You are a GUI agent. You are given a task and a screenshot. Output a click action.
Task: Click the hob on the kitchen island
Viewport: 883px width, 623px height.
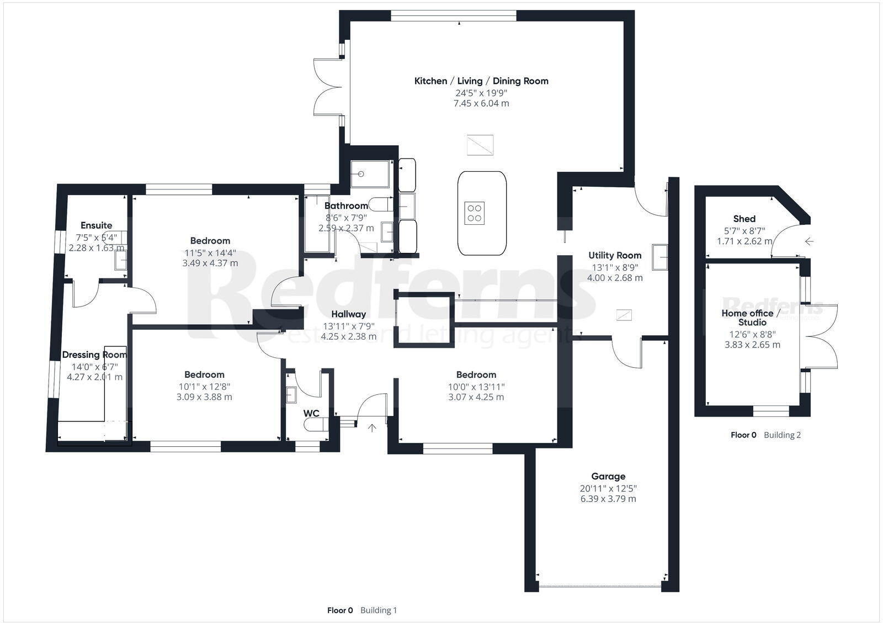(475, 212)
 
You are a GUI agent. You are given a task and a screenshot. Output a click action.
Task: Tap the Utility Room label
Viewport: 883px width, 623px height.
(615, 255)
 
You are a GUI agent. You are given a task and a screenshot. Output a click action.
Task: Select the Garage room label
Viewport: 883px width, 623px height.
(608, 476)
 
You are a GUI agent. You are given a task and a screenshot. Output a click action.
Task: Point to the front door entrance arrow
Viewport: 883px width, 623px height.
(373, 427)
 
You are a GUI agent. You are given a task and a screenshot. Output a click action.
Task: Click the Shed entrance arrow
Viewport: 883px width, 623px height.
(809, 241)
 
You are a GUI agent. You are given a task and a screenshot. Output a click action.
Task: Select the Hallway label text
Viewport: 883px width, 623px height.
(349, 314)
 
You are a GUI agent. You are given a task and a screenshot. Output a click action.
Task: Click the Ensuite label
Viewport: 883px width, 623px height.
(96, 225)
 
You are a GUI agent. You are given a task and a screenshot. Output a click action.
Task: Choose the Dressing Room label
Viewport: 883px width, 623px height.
(94, 355)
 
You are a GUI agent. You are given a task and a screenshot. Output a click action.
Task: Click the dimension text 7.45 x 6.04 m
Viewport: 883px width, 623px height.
(481, 103)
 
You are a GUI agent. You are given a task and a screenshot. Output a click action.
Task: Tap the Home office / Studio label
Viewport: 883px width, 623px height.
(752, 318)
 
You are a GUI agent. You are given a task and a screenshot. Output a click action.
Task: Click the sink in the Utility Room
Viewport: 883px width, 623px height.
(660, 257)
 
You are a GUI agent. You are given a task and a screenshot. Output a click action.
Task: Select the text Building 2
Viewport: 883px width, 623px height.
(782, 435)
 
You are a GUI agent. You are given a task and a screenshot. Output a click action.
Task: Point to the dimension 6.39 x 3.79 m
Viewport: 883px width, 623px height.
(608, 499)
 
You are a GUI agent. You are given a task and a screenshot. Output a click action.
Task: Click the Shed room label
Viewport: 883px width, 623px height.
(744, 219)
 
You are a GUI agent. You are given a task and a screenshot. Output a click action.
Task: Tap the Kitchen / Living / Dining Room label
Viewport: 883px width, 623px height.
(481, 81)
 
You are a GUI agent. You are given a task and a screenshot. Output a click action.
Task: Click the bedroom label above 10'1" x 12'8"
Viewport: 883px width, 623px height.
(204, 374)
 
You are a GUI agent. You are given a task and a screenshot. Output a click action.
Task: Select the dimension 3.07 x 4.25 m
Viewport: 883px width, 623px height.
(476, 397)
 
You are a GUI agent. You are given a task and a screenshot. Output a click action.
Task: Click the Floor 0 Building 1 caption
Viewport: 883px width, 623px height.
(362, 610)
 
